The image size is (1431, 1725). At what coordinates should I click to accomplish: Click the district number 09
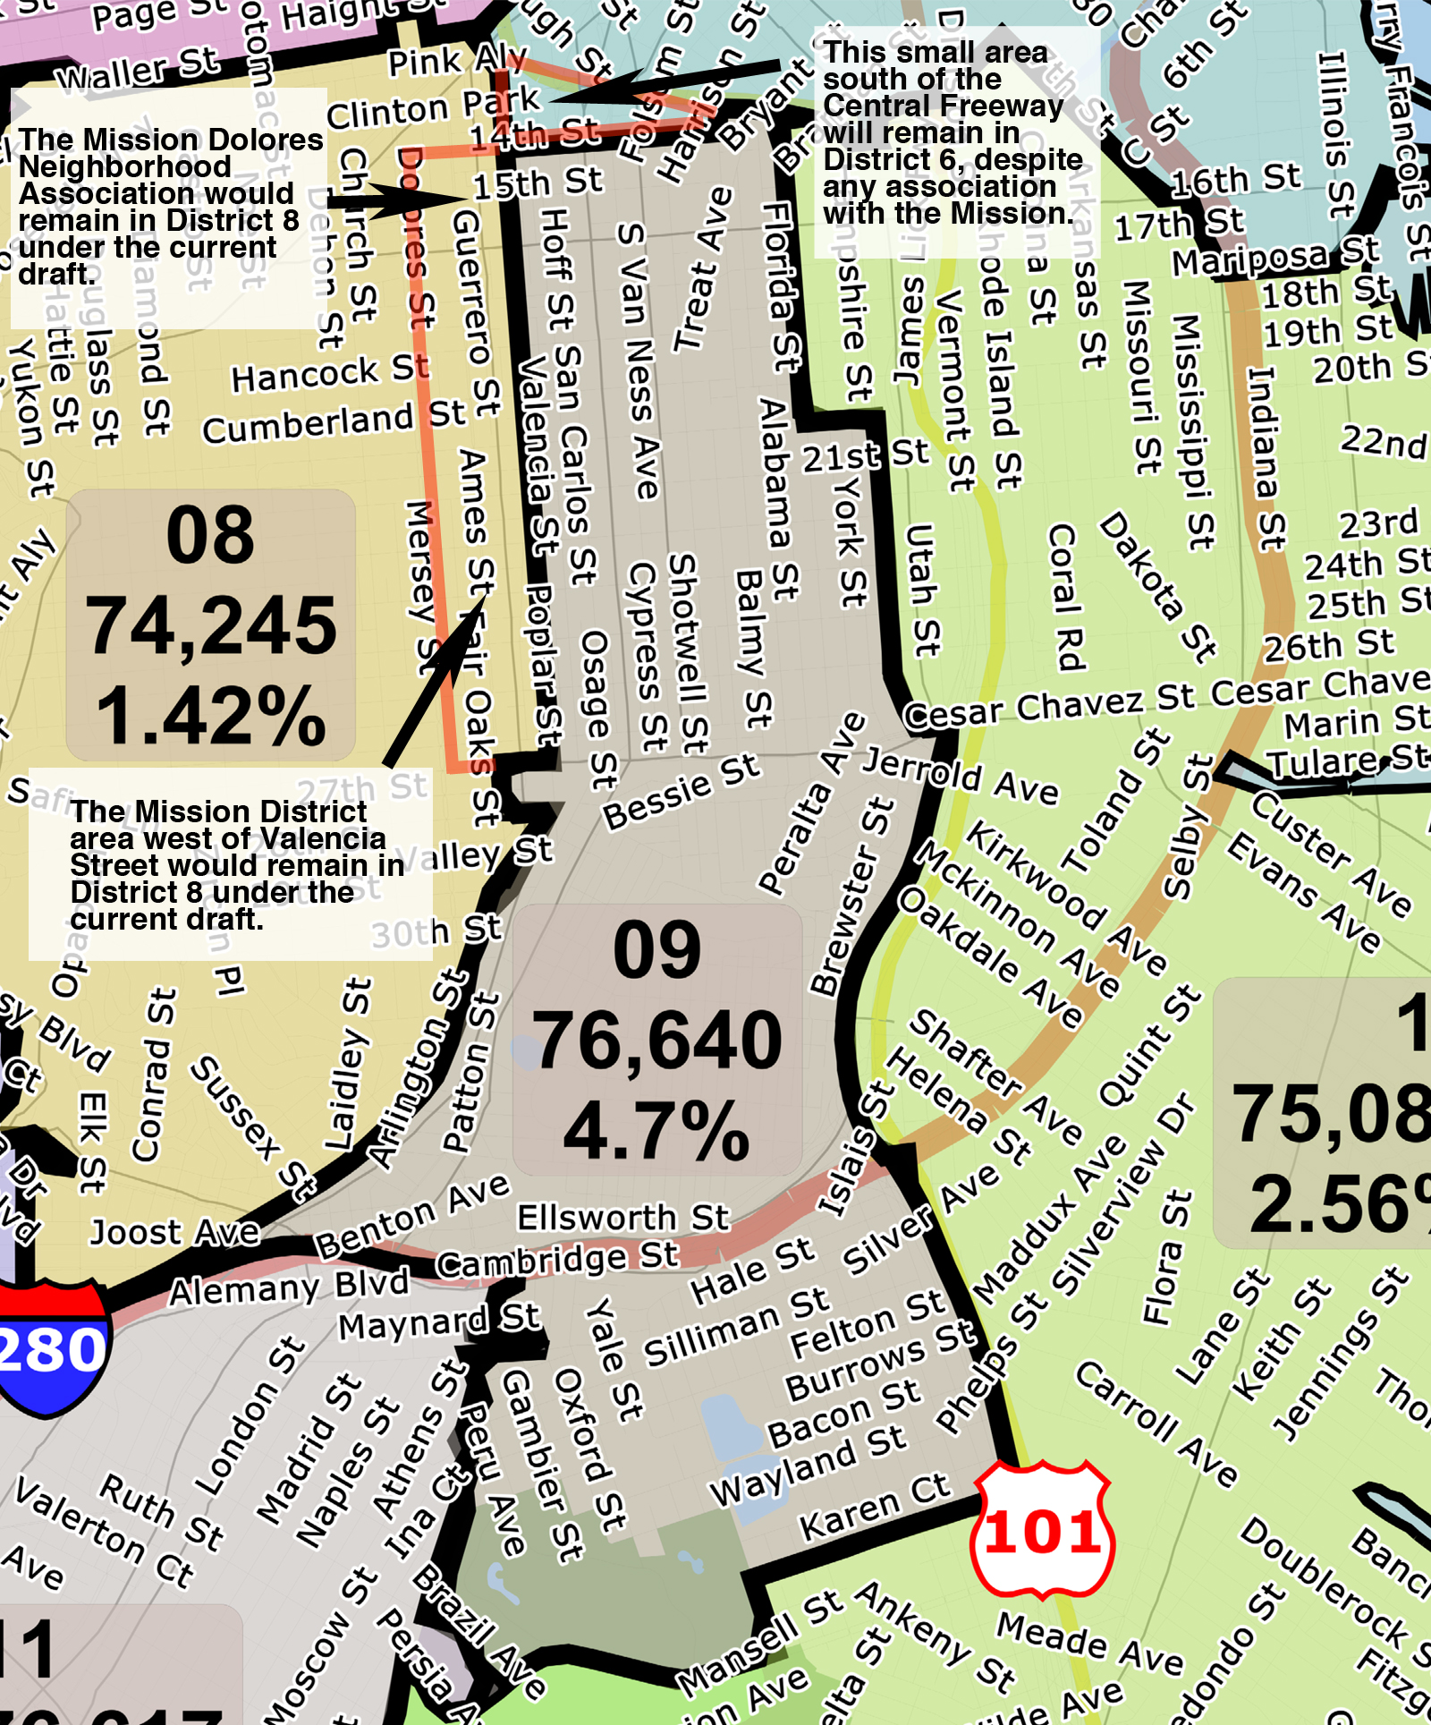657,949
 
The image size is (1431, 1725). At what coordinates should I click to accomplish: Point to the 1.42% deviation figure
211,716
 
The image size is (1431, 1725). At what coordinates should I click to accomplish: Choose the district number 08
211,535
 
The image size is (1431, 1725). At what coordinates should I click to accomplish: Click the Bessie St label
681,791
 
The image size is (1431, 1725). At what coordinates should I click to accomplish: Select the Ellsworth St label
623,1218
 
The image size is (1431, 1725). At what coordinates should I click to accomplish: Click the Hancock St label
329,373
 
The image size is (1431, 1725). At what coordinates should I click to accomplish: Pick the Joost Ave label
174,1233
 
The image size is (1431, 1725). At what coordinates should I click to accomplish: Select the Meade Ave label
1089,1643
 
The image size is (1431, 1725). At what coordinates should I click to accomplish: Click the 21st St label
865,455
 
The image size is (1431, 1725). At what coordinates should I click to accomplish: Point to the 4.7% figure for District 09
657,1130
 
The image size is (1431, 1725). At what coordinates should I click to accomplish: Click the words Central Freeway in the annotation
944,106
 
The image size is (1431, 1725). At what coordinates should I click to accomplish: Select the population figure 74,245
211,625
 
